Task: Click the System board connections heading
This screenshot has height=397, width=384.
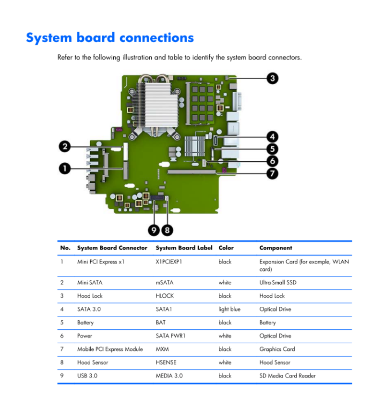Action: (110, 38)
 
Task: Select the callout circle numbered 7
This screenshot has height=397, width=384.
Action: (272, 173)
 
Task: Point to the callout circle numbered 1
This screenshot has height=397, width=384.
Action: (65, 168)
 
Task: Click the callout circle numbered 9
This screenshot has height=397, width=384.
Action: (154, 230)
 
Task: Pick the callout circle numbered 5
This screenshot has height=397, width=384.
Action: (272, 149)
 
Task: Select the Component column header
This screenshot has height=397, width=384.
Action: (276, 248)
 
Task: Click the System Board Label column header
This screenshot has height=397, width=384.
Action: (184, 248)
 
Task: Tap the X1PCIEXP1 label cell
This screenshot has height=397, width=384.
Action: (169, 262)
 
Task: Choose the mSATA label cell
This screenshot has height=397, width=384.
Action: (165, 282)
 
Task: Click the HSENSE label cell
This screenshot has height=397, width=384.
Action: (166, 362)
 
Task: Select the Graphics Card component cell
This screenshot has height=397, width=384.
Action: (277, 349)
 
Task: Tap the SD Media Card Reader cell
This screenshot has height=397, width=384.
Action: (288, 375)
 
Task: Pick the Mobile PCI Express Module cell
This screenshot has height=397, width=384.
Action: (110, 349)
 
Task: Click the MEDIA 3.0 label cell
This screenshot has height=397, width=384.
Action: (169, 375)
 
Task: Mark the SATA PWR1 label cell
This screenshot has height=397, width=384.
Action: (170, 336)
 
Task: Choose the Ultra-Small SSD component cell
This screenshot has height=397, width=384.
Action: (278, 282)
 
